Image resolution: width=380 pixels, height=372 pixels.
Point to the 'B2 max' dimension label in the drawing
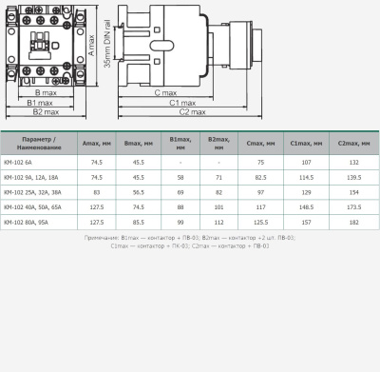click(x=46, y=112)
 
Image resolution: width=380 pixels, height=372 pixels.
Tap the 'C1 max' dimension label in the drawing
click(x=183, y=102)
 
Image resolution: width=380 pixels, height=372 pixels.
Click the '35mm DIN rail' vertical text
click(x=110, y=54)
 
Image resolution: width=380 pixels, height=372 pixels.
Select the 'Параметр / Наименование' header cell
click(x=40, y=144)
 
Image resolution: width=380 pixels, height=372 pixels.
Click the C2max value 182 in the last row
click(x=353, y=222)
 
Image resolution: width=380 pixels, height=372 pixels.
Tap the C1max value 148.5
click(x=306, y=206)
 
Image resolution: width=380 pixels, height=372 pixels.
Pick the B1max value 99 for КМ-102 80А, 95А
click(x=180, y=222)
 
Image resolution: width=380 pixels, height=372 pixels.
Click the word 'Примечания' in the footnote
click(x=103, y=237)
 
